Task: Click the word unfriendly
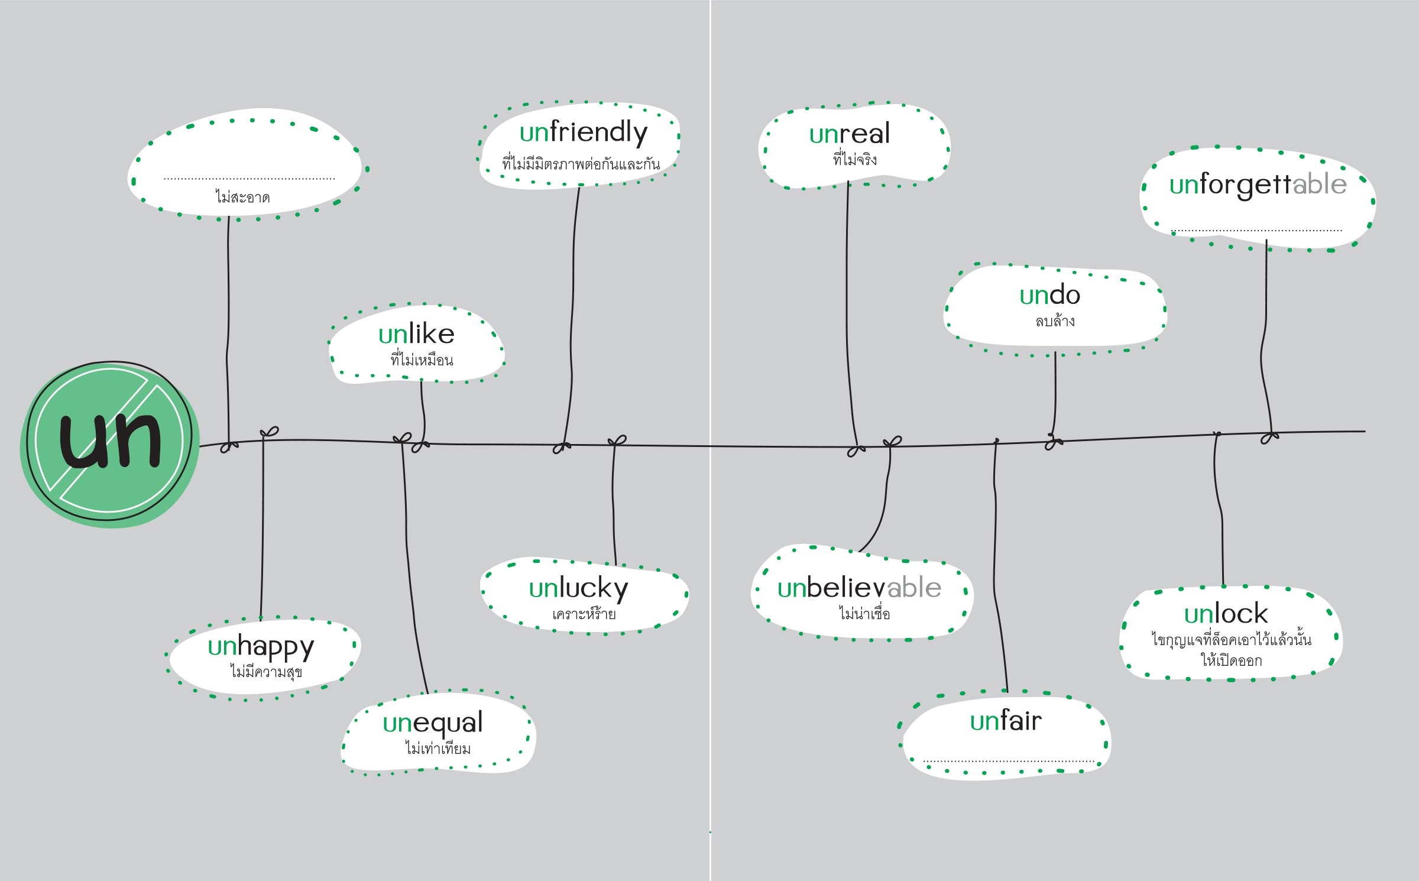[x=584, y=133]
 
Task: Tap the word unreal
[x=850, y=134]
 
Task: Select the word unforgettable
[x=1258, y=184]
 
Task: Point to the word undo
[x=1050, y=295]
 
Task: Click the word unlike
[x=416, y=334]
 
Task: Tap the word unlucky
[x=579, y=589]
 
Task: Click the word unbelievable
[x=859, y=588]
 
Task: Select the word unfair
[x=1006, y=721]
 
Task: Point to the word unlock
[x=1226, y=614]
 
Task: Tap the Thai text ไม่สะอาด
[x=242, y=197]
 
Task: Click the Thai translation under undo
[x=1055, y=321]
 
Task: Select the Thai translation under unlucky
[x=584, y=614]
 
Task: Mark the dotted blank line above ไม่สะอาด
[x=249, y=179]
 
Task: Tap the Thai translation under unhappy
[x=266, y=672]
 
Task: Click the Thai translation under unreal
[x=855, y=159]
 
